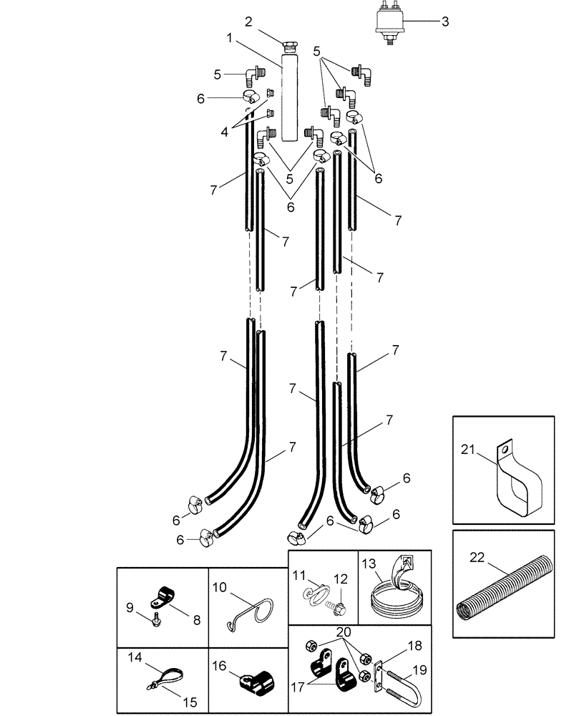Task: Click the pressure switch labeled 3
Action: pos(391,21)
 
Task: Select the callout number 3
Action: pos(444,21)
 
